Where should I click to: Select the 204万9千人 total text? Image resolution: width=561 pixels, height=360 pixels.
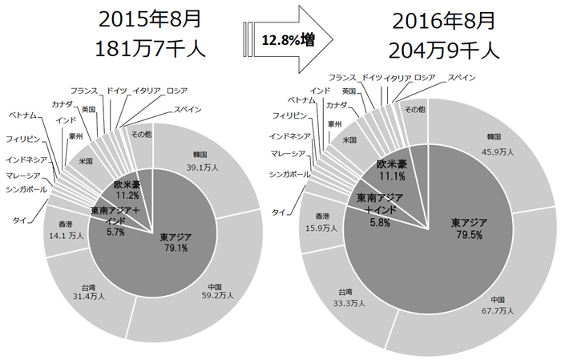444,51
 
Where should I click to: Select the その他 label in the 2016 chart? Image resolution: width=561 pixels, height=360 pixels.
414,108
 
